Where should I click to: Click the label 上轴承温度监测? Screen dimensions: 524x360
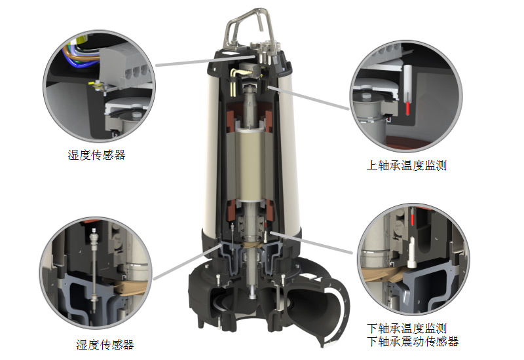406,166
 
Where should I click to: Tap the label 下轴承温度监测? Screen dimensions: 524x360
407,329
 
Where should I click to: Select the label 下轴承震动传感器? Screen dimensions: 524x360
413,341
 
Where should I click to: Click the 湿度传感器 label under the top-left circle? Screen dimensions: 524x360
96,155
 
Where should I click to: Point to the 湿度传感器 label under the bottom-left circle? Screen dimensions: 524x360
105,345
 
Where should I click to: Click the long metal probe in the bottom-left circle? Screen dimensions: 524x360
94,267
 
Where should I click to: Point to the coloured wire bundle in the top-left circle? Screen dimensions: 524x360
80,54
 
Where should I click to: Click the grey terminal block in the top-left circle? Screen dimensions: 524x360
124,67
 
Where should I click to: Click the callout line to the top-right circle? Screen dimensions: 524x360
308,98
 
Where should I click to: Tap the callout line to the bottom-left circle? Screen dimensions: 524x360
187,262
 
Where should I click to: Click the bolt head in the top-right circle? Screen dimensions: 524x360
367,97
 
